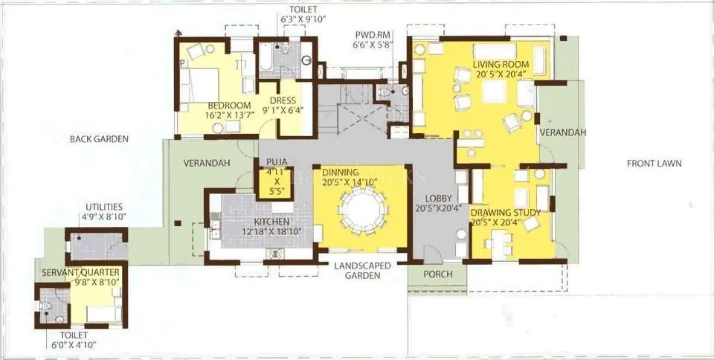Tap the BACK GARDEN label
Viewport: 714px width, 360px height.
(100, 139)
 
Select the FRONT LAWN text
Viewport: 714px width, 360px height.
(654, 164)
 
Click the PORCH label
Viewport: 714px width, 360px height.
(437, 274)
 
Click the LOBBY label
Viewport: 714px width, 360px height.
(439, 199)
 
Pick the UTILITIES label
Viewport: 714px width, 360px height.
(104, 207)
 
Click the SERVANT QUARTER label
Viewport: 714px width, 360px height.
(80, 271)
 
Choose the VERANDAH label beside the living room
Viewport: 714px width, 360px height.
(563, 132)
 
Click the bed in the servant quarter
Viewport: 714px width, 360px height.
(103, 313)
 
